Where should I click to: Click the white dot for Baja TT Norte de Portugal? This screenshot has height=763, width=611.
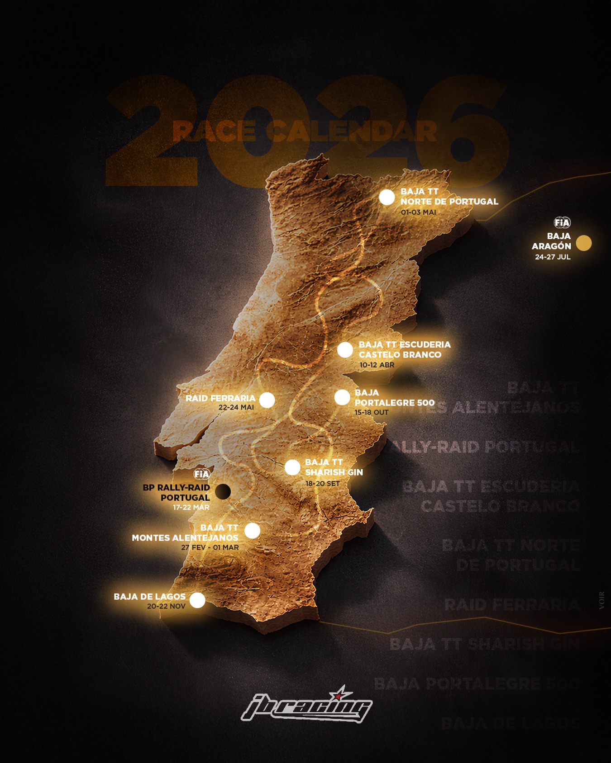click(387, 198)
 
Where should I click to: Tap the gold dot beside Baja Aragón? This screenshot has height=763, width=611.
click(584, 243)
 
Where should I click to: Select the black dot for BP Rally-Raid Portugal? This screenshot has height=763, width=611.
click(222, 491)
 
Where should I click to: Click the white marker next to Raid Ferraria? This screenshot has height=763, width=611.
click(267, 400)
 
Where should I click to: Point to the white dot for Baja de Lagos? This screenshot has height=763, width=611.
click(197, 600)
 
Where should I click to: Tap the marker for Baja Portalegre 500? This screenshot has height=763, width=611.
click(342, 397)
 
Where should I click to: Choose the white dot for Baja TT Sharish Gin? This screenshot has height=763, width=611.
click(292, 467)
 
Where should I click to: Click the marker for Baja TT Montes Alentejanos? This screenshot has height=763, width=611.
click(252, 531)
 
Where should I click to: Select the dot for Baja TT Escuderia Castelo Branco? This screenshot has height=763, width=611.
click(345, 350)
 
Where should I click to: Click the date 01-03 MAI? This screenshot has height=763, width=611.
click(418, 212)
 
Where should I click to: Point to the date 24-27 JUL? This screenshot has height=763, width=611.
click(553, 257)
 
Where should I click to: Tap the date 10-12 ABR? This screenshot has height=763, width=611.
click(377, 365)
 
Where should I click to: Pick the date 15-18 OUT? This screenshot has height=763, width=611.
click(372, 412)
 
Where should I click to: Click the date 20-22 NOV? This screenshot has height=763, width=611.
click(166, 606)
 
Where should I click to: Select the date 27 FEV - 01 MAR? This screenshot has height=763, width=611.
click(210, 547)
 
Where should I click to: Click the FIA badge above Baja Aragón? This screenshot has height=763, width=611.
click(562, 222)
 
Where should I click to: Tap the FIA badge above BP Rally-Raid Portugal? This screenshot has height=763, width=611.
click(202, 474)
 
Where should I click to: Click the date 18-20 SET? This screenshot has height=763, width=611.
click(322, 483)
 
